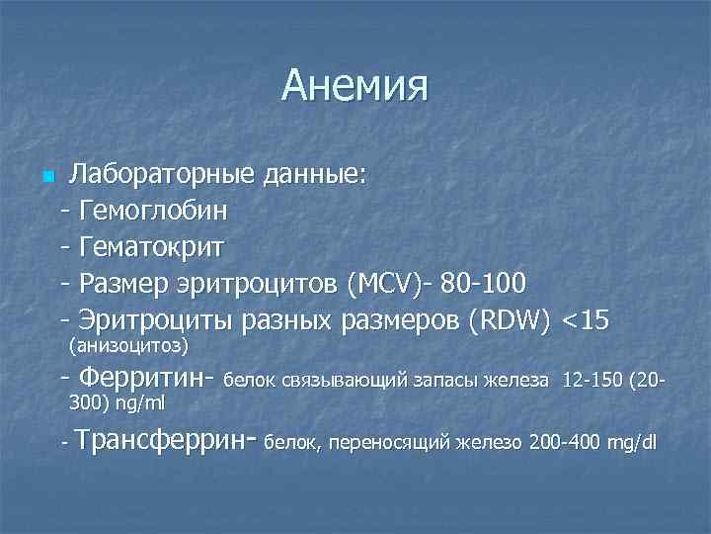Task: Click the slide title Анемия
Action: (355, 86)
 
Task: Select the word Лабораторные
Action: (162, 176)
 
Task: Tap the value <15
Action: (587, 319)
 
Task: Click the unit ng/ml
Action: (144, 403)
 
